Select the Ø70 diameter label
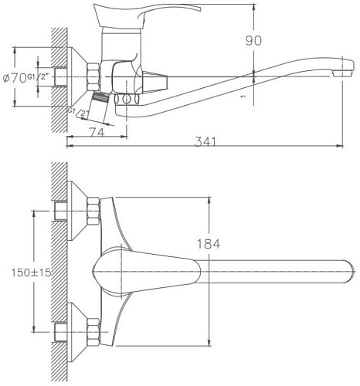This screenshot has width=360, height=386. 14,76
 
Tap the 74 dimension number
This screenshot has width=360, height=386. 96,132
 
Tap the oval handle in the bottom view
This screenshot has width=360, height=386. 147,270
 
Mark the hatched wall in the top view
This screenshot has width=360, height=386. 58,77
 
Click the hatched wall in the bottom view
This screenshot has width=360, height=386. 58,270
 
